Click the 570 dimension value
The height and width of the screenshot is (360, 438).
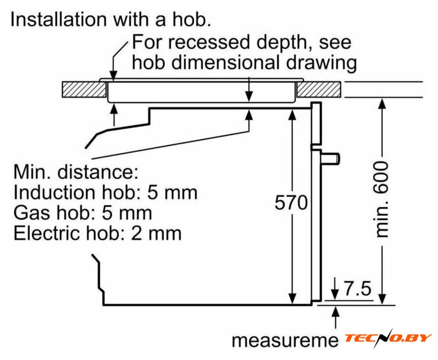tap(292, 202)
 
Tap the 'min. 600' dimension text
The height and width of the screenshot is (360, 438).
tap(382, 199)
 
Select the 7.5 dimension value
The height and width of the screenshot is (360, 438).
tap(358, 288)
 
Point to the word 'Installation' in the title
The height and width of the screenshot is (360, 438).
tap(59, 20)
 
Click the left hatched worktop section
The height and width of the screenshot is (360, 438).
tap(84, 89)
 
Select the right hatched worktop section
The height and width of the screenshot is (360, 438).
tap(319, 89)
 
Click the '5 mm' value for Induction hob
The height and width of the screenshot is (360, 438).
tap(172, 192)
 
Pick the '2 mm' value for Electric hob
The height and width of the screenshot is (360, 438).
tap(157, 233)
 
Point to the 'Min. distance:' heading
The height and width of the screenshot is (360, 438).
tap(75, 172)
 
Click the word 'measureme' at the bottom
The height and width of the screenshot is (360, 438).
tap(285, 340)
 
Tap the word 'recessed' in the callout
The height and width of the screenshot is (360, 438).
tap(209, 42)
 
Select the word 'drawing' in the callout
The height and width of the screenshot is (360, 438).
tap(321, 63)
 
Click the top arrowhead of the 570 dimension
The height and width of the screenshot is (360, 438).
tap(292, 114)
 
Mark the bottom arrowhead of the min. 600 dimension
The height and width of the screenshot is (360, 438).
tap(383, 299)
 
